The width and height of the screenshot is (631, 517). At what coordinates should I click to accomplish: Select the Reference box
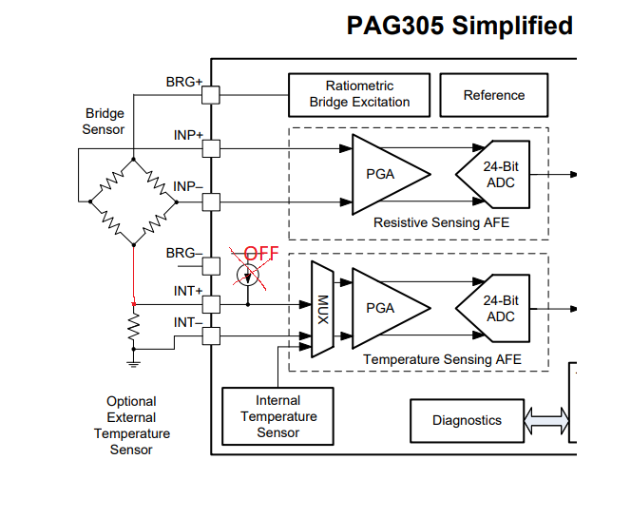(493, 95)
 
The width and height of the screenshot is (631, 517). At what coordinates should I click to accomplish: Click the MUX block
(322, 308)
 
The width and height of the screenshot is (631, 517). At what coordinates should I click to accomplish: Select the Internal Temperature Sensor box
(277, 416)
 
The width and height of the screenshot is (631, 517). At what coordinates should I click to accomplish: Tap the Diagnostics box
(466, 420)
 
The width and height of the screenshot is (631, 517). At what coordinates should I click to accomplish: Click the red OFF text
(261, 254)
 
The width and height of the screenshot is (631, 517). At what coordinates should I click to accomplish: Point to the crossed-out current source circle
(247, 276)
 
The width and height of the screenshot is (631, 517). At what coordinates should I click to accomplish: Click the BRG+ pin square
(211, 95)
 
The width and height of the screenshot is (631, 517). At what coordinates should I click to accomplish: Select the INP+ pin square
(211, 148)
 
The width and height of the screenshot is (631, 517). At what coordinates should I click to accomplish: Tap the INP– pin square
(211, 201)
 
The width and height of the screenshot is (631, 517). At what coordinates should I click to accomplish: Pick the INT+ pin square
(211, 304)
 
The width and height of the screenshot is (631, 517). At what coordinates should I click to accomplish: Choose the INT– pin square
(211, 335)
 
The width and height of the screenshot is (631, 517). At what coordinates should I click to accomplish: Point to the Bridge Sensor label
(104, 122)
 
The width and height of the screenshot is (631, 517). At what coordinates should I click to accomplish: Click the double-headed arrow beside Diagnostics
(547, 418)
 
